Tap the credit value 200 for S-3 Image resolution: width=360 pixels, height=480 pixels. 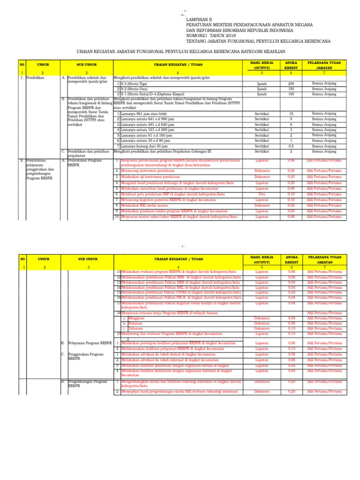[x=291, y=83]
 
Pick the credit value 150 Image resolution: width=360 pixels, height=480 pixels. [x=291, y=89]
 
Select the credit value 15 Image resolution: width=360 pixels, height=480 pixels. [x=291, y=113]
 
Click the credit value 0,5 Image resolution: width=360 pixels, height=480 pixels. [x=291, y=146]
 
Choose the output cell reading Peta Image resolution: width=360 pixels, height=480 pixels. [x=262, y=194]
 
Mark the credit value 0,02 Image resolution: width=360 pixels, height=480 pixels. [x=291, y=205]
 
